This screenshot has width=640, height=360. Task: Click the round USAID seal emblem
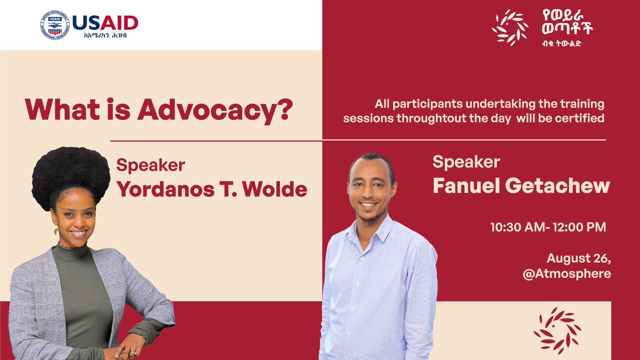coord(55,25)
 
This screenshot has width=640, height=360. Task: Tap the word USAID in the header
coord(105,22)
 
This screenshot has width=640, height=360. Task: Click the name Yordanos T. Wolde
coord(212,189)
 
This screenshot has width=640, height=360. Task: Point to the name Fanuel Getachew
coord(521,186)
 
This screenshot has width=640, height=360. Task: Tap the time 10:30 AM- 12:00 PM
coord(548,227)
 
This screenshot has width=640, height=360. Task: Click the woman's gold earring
coord(55,232)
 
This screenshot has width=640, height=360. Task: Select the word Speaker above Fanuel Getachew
coord(466,162)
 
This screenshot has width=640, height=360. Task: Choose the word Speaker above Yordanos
coord(150,166)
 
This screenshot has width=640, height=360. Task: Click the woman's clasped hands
coord(125,351)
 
